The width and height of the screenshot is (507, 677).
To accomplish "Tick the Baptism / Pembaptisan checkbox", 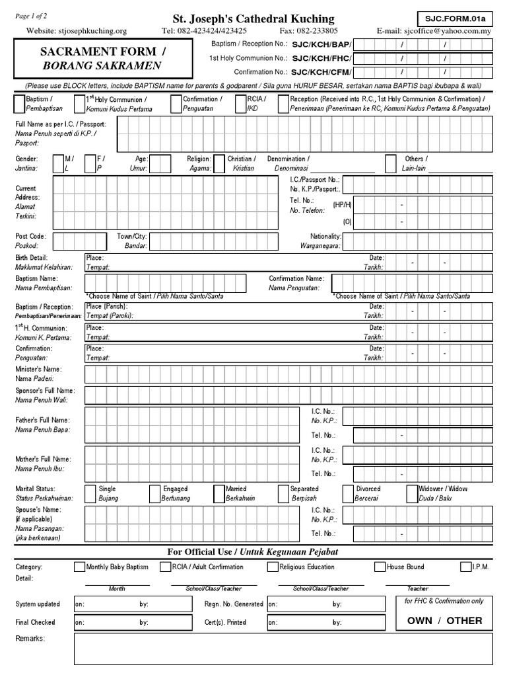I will point(18,102).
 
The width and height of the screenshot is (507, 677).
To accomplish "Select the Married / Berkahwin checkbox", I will point(219,493).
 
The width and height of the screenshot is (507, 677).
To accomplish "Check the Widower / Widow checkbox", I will point(411,493).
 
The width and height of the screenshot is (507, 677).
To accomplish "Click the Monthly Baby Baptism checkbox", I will point(79,567).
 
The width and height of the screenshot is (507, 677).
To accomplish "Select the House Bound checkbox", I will point(380,567).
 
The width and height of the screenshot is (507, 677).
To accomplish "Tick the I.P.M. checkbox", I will point(466,567).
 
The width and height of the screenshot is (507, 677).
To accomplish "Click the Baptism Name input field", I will point(165,284).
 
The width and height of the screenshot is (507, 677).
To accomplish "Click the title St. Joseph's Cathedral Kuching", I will point(253,19).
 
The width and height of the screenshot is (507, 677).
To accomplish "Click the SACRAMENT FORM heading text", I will point(102,52).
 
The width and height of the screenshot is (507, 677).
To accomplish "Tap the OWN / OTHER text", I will point(445,620).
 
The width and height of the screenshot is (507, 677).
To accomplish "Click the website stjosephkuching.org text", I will point(77,30).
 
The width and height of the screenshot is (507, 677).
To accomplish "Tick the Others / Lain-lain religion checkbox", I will point(392,163).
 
